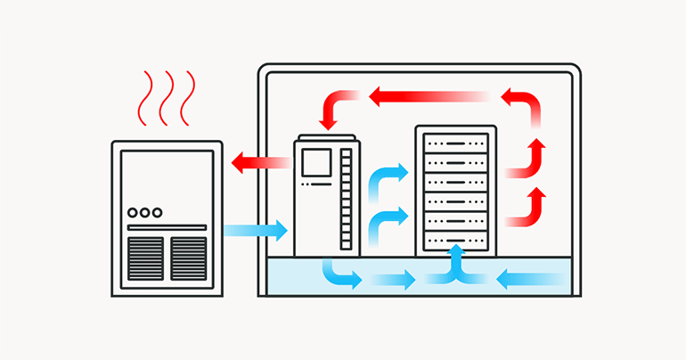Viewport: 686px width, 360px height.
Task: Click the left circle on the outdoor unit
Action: pos(133,213)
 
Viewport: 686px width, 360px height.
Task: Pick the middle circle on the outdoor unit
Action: pos(145,213)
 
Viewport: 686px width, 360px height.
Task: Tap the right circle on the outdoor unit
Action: pos(158,213)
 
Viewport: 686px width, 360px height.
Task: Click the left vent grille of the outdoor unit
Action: pos(145,258)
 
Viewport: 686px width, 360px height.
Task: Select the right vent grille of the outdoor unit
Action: pos(188,258)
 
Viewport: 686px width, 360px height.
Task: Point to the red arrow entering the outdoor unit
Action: pos(258,163)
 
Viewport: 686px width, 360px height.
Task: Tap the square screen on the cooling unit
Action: pos(316,162)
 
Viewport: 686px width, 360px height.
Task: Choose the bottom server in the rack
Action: pos(455,241)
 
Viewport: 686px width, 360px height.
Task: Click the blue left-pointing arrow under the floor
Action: pos(529,280)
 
